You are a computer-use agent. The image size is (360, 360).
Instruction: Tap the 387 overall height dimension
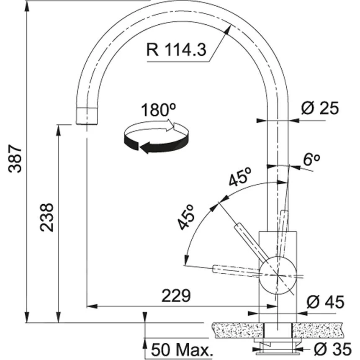(15, 159)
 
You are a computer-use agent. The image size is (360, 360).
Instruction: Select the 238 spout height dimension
(46, 217)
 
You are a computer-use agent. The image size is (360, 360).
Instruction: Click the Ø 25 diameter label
(320, 108)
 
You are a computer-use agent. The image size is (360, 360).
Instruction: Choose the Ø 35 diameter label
(332, 348)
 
